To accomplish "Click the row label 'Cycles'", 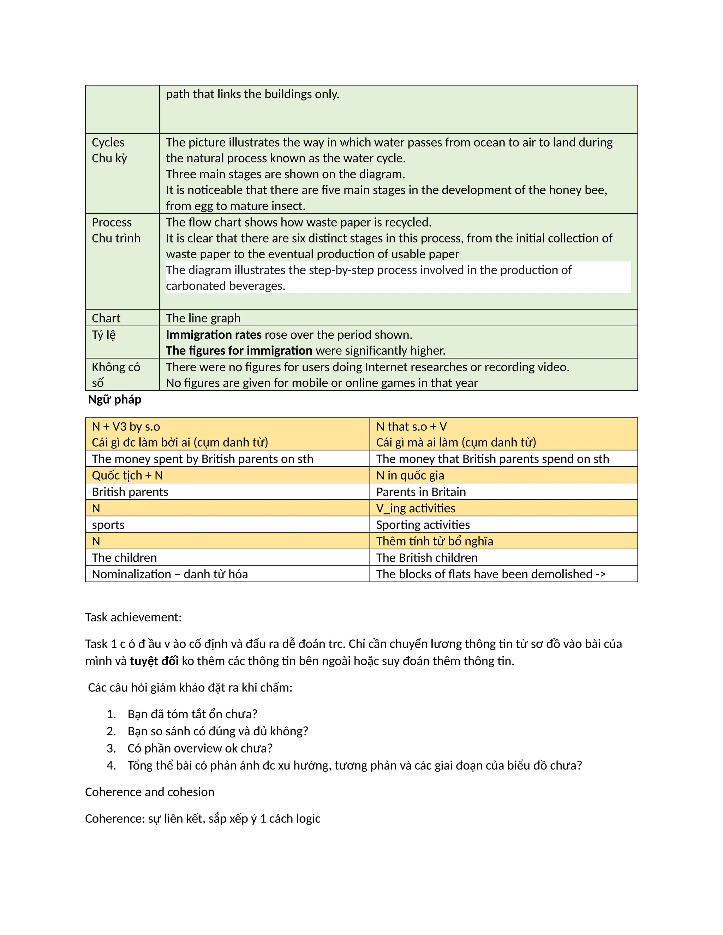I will pos(108,142).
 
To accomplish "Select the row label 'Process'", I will pos(111,222).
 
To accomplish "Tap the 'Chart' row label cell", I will pos(106,318).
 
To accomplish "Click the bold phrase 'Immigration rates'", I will pos(213,334).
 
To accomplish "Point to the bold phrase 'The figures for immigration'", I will pos(239,350).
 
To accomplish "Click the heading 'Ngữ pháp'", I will pos(114,399).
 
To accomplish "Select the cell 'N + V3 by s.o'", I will pos(126,427).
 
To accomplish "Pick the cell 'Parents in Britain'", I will pos(420,491).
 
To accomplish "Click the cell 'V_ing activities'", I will pos(416,508).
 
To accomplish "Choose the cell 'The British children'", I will pos(426,557).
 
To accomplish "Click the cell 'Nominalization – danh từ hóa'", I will pos(169,574).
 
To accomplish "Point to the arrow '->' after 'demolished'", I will pos(600,574).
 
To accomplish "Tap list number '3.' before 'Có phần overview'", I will pos(111,748).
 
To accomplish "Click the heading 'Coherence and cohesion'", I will pos(149,792).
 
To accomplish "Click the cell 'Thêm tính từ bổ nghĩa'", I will pos(434,541).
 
